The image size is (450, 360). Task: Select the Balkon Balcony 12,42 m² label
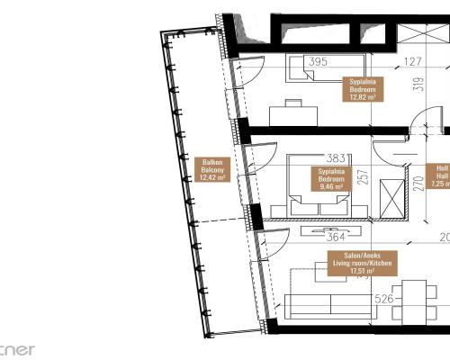pos(213,170)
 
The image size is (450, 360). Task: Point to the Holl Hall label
pos(439,175)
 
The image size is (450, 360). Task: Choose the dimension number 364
pos(335,238)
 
